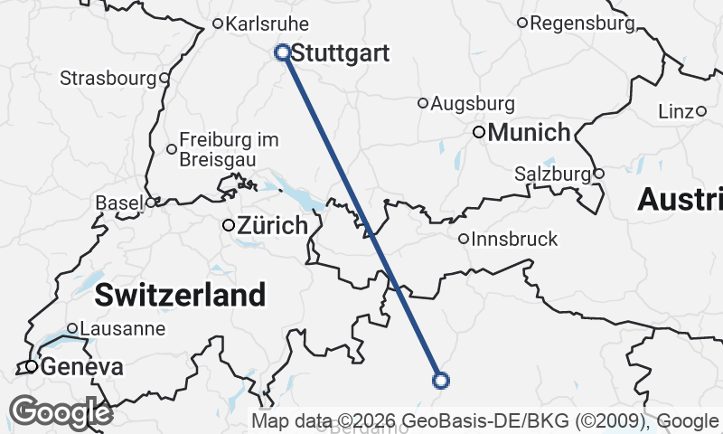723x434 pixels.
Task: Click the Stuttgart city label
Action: click(x=341, y=53)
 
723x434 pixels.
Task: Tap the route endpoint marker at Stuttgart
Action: click(x=282, y=52)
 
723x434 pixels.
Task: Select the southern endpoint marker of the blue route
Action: click(x=441, y=381)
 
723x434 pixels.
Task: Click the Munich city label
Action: click(x=529, y=133)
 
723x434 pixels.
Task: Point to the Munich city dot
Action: click(x=479, y=132)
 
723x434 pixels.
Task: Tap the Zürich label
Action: click(x=272, y=226)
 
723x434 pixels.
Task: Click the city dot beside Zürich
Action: click(x=229, y=224)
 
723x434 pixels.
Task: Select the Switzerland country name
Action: click(x=180, y=294)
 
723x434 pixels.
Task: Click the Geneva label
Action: click(x=81, y=367)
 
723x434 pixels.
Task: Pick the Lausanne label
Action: click(x=123, y=328)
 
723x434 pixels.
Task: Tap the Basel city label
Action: click(x=118, y=203)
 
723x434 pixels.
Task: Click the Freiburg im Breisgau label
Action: click(x=229, y=148)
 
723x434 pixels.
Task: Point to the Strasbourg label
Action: click(x=108, y=78)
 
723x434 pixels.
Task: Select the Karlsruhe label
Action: click(x=267, y=24)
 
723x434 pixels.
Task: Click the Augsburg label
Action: click(x=473, y=104)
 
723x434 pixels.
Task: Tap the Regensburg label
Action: click(x=582, y=23)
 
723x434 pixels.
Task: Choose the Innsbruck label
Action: click(x=516, y=240)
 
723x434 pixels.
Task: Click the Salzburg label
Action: click(x=551, y=173)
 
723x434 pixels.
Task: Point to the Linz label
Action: click(x=675, y=111)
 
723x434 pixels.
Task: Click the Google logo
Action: click(x=61, y=412)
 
